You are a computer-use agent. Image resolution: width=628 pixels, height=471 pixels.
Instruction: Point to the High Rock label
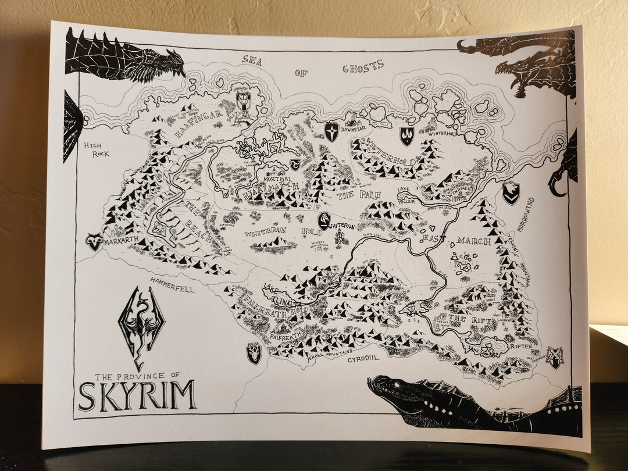(96, 149)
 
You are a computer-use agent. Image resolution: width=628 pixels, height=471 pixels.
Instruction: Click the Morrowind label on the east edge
(530, 215)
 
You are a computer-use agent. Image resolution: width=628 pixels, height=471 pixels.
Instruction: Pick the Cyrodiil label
(363, 359)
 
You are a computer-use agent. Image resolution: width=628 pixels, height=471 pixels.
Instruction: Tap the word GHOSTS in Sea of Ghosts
(363, 67)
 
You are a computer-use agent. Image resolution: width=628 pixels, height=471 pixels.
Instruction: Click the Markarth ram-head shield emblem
(94, 241)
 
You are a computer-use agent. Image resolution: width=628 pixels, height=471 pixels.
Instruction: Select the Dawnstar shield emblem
(331, 131)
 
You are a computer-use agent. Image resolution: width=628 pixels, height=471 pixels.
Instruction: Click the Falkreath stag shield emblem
(254, 352)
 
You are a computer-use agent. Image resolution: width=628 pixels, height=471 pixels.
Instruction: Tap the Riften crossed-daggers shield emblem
(554, 357)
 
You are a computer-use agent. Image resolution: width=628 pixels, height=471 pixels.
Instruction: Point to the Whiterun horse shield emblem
(323, 220)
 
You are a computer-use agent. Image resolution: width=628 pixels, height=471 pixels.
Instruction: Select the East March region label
(457, 240)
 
